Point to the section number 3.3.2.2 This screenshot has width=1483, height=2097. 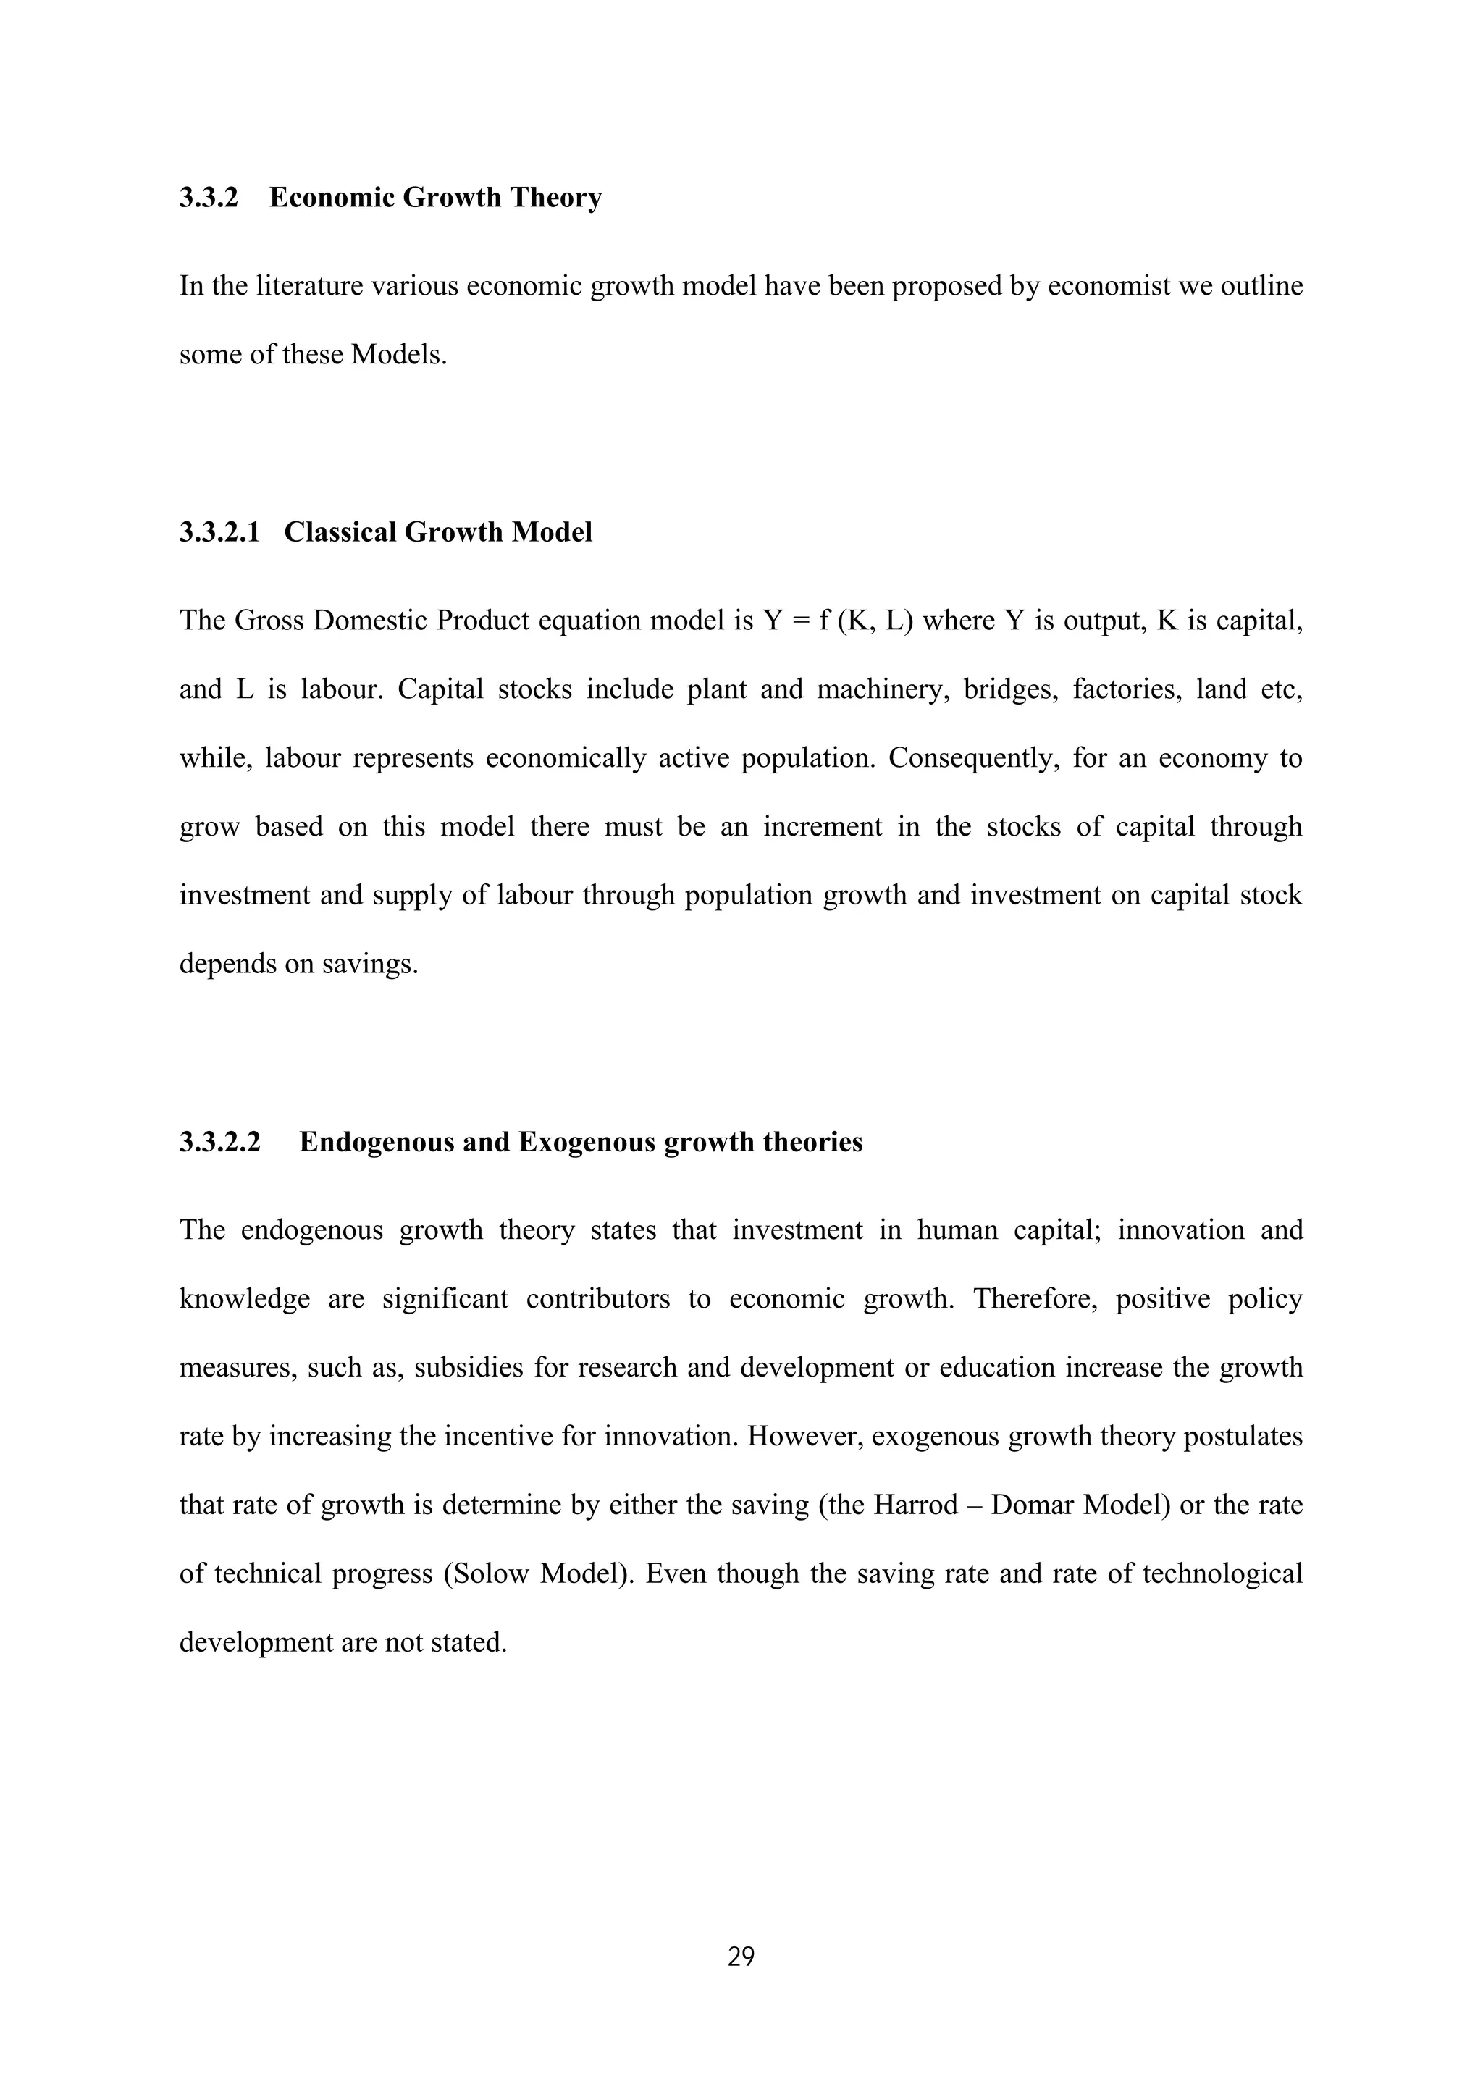(x=219, y=1142)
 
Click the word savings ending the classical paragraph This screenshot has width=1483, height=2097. (x=367, y=965)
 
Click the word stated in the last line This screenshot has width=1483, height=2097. (x=466, y=1642)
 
